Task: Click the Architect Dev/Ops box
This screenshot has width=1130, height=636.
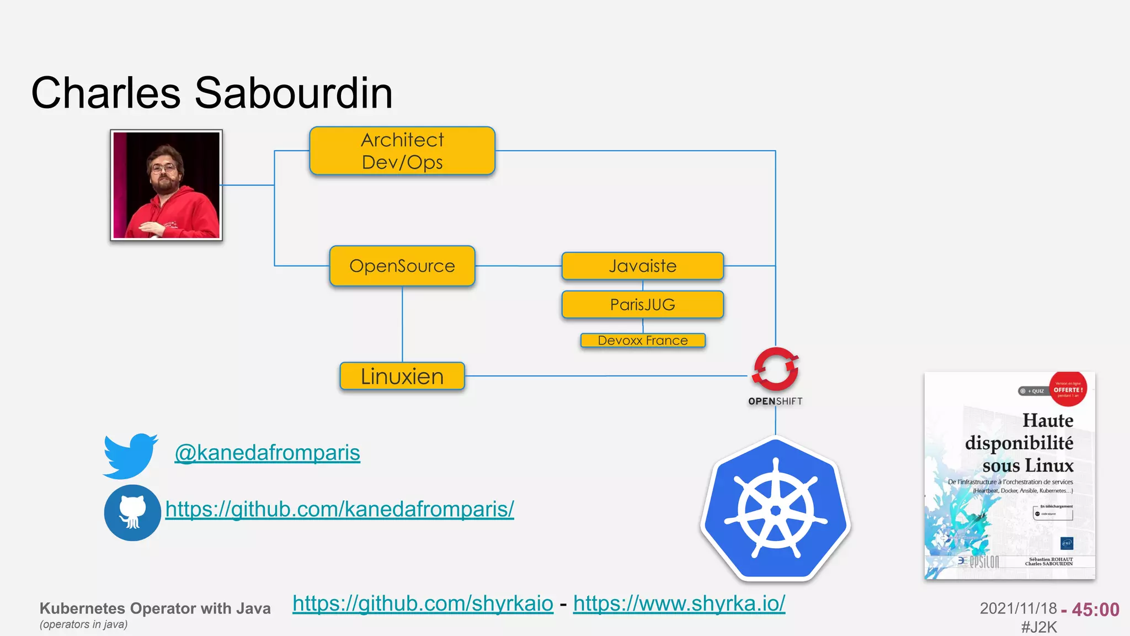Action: coord(402,151)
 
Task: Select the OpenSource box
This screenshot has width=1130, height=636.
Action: coord(402,266)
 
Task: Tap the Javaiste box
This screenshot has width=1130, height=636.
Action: coord(642,266)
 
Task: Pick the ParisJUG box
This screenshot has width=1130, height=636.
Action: coord(642,305)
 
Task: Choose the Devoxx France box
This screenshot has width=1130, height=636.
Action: coord(643,341)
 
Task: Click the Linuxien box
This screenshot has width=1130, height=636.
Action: coord(402,377)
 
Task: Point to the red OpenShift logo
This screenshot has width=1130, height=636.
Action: coord(775,369)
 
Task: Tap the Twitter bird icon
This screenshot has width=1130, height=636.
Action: coord(130,455)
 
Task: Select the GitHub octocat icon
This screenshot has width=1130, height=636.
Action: coord(132,513)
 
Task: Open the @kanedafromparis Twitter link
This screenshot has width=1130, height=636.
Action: coord(267,453)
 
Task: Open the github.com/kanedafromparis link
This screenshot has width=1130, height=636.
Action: coord(339,509)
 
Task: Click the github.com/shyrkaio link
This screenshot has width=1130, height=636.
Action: coord(423,603)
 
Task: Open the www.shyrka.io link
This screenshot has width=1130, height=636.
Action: coord(679,603)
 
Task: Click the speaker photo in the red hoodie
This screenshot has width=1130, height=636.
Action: coord(166,185)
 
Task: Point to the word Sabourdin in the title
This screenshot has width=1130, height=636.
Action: coord(294,93)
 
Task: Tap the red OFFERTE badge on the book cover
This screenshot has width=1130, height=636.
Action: coord(1068,389)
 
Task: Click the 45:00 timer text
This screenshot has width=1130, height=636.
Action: coord(1095,609)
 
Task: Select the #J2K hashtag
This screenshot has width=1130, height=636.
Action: coord(1039,627)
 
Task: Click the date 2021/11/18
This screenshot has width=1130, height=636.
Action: coord(1018,608)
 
